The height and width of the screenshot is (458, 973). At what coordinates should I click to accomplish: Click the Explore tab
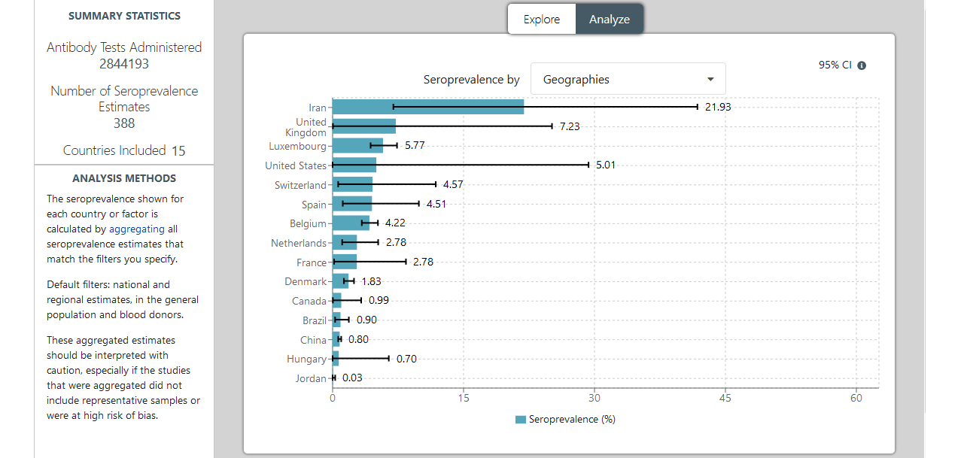(x=542, y=20)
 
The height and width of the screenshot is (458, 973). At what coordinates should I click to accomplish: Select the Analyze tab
(x=610, y=20)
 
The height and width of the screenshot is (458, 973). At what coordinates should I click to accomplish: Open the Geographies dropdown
(x=628, y=79)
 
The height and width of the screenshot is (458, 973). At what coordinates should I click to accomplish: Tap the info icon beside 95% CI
(x=862, y=65)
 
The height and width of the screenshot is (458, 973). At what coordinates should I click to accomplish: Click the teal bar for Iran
(x=427, y=107)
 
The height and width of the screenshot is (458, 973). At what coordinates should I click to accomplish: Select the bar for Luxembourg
(x=357, y=145)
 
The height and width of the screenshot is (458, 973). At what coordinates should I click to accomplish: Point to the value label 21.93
(x=718, y=107)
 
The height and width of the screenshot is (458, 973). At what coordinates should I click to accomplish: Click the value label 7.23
(x=570, y=126)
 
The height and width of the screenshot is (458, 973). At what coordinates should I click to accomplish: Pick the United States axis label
(x=296, y=165)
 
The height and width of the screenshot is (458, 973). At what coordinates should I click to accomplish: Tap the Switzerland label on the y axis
(x=300, y=185)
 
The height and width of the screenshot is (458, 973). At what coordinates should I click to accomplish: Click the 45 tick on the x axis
(x=725, y=398)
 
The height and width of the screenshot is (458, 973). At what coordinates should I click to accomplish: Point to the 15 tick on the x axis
(x=463, y=398)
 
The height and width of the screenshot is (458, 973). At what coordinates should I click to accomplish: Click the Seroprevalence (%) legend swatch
(x=521, y=420)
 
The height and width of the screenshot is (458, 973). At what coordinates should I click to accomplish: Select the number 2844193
(x=124, y=64)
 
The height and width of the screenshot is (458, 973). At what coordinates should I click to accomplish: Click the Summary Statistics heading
(x=124, y=16)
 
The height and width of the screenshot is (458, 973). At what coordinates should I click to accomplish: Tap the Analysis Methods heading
(x=124, y=178)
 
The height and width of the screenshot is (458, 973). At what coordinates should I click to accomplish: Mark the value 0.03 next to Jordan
(x=351, y=378)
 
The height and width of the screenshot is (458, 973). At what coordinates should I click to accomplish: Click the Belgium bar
(x=351, y=223)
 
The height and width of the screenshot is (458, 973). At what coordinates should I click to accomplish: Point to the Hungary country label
(x=306, y=359)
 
